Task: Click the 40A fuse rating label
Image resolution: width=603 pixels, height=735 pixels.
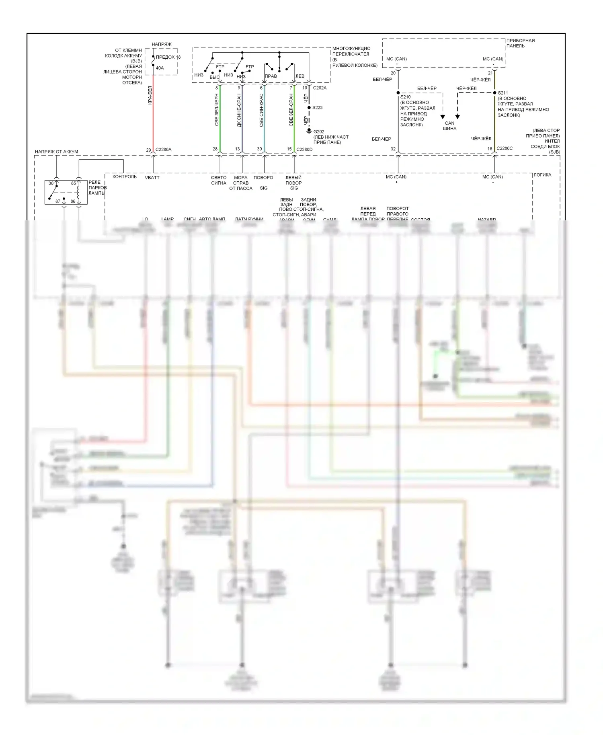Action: tap(160, 68)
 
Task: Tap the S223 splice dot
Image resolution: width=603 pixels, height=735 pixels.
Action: tap(309, 108)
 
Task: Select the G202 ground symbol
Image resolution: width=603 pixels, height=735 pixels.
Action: tap(309, 131)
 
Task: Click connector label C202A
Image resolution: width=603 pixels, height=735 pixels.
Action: tap(320, 88)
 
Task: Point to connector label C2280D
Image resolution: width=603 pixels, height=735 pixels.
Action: tap(304, 150)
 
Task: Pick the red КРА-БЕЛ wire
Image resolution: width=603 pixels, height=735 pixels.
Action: tap(153, 121)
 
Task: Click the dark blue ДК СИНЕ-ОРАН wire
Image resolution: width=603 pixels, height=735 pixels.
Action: tap(242, 121)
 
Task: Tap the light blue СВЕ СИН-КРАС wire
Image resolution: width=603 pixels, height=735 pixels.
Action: tap(264, 121)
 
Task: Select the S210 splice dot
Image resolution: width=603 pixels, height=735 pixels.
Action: tap(398, 93)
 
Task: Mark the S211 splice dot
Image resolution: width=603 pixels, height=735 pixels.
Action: tap(494, 93)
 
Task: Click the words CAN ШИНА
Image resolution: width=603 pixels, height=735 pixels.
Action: tap(449, 126)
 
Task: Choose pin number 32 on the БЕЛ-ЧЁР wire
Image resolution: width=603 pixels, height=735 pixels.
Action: tap(393, 149)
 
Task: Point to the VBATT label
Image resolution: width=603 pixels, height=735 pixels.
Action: tap(152, 177)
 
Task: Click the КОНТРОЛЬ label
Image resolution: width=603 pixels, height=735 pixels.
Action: tap(125, 177)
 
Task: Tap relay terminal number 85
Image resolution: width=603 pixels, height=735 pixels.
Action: tap(74, 183)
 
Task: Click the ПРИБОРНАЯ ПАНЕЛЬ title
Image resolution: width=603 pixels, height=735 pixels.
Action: tap(520, 43)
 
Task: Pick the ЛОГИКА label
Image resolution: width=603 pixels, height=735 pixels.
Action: tap(542, 175)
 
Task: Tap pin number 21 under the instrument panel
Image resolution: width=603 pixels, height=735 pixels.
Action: tap(490, 73)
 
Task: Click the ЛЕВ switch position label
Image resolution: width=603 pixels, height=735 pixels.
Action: tap(300, 76)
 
